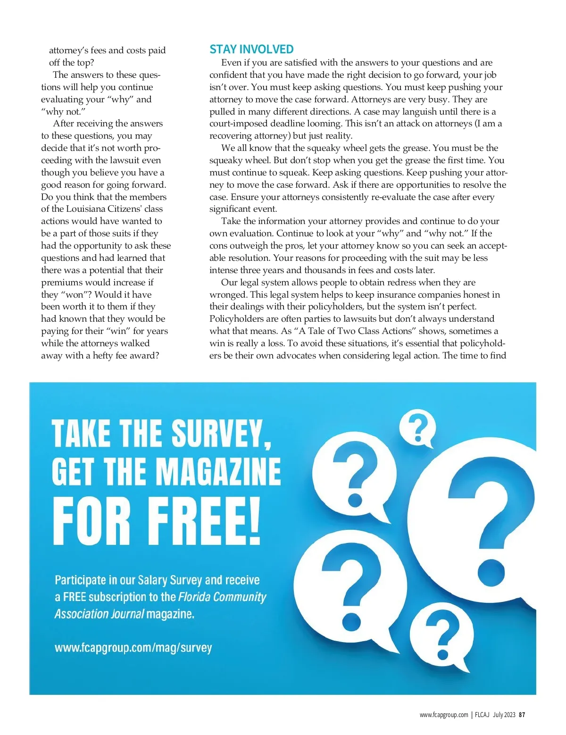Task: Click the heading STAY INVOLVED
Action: tap(251, 49)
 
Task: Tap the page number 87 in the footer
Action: tap(522, 715)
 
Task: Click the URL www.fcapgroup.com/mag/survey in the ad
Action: tap(133, 647)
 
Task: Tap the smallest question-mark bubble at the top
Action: tap(417, 428)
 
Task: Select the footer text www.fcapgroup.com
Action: tap(444, 715)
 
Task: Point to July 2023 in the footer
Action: tap(504, 715)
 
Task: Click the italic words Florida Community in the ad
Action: tap(222, 597)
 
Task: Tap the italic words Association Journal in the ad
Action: tap(99, 614)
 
